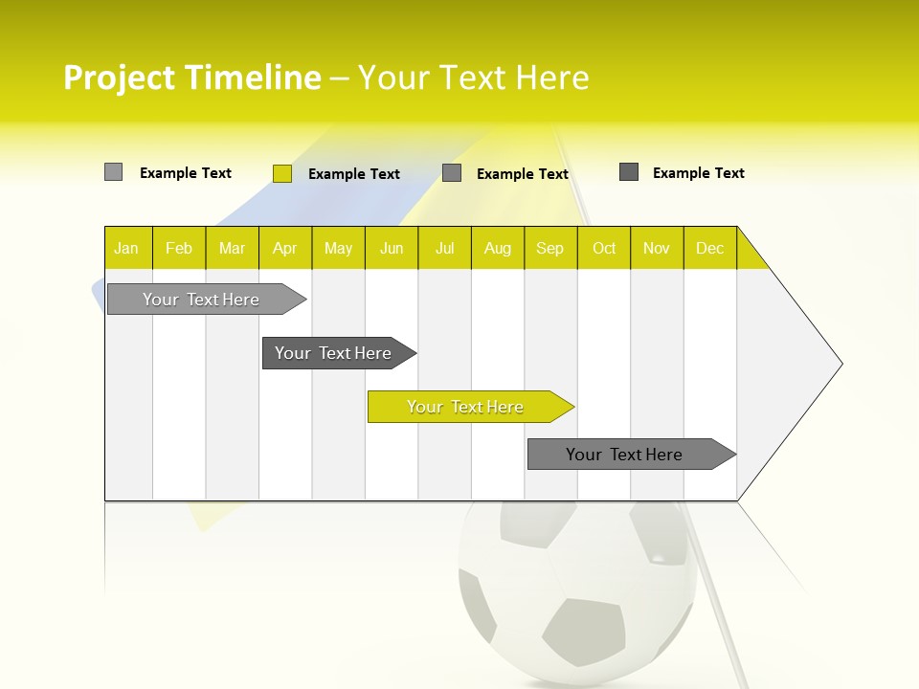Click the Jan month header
127,248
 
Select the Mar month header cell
232,248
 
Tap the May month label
338,248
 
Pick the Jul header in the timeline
444,248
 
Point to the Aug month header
497,248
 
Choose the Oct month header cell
603,248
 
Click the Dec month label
709,248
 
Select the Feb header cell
179,248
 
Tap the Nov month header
656,248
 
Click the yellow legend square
281,173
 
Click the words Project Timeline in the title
191,78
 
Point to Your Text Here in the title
473,78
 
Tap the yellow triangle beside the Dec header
750,256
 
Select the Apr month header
285,248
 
